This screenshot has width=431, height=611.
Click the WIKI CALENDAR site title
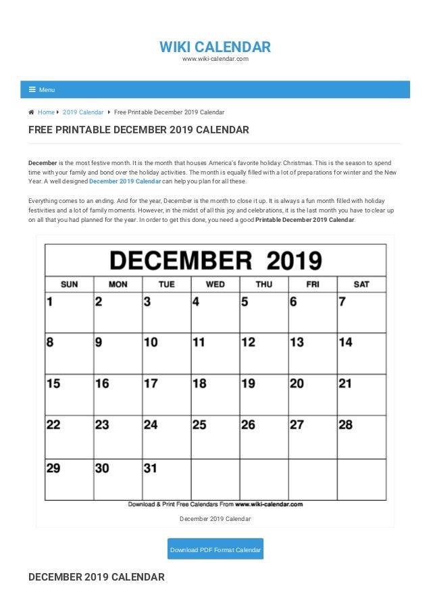click(215, 47)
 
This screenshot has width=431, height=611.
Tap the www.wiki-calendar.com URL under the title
click(215, 59)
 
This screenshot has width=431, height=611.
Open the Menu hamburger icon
click(32, 89)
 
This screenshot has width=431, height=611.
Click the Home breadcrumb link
click(46, 112)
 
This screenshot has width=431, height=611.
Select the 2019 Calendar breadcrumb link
click(83, 112)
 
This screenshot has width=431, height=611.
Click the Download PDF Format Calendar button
click(215, 549)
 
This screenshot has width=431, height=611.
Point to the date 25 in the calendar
click(199, 425)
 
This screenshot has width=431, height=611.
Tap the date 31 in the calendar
click(151, 467)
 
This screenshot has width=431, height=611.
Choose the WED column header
click(215, 284)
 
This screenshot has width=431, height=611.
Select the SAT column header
click(361, 284)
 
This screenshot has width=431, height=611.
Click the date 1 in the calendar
click(49, 302)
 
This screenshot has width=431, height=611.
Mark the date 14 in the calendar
click(345, 342)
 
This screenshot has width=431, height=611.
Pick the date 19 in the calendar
click(248, 384)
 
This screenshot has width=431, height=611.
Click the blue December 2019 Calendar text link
click(125, 181)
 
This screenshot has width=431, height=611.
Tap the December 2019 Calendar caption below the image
click(215, 519)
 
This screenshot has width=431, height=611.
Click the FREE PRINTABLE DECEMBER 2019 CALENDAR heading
click(138, 130)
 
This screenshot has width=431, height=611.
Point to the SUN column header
click(69, 284)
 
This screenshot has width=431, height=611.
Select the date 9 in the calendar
click(99, 342)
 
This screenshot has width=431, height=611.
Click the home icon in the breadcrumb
click(32, 112)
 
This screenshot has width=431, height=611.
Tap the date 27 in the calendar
click(297, 425)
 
